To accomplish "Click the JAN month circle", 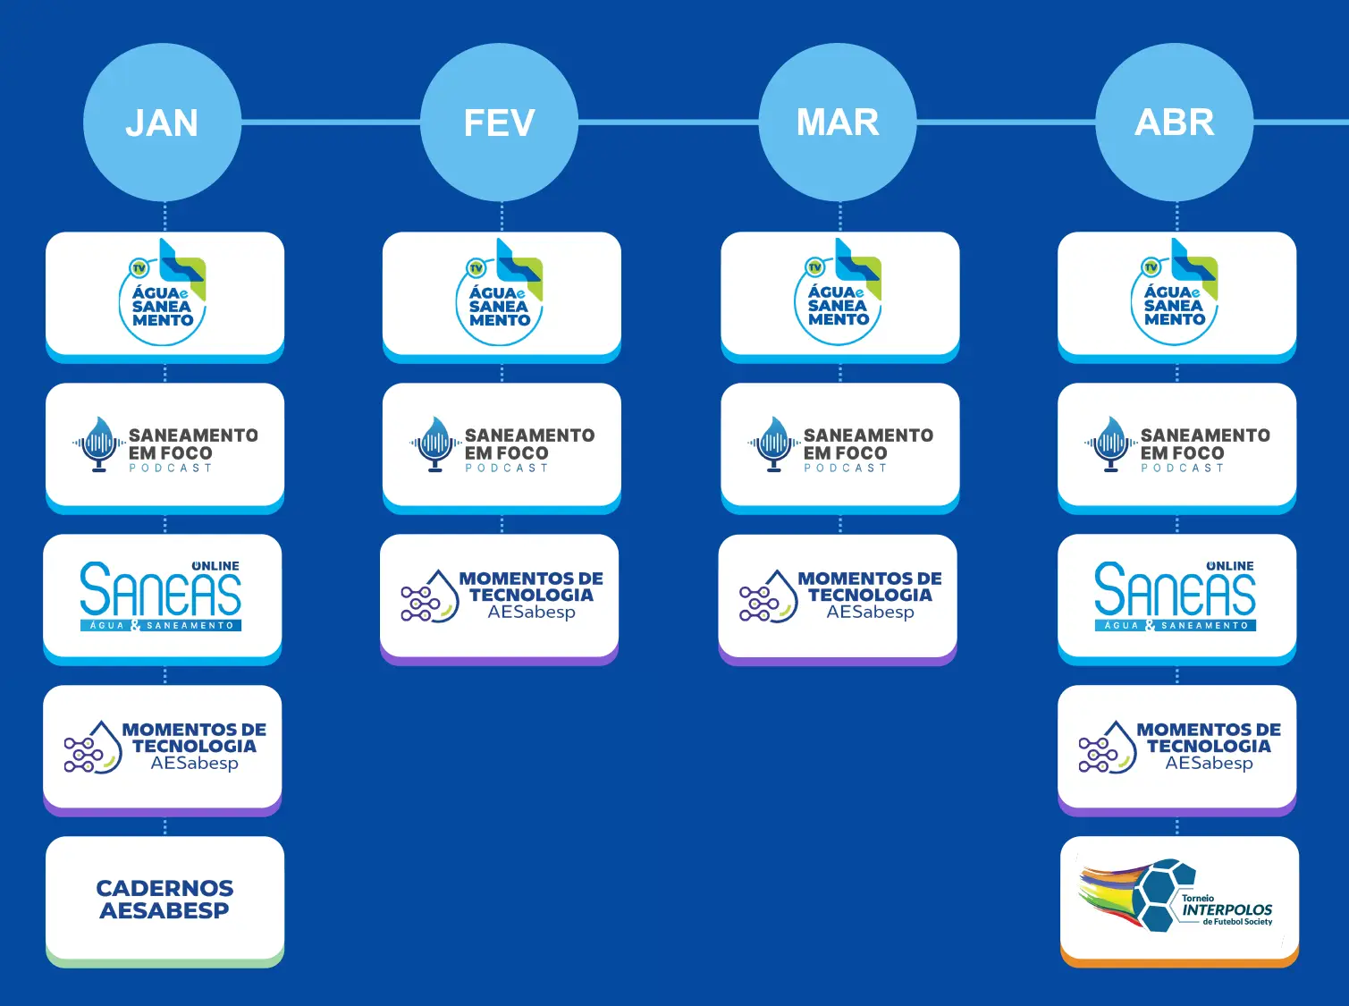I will (162, 123).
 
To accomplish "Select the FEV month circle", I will (499, 123).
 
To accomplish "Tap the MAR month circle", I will (838, 123).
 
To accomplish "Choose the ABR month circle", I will (1175, 123).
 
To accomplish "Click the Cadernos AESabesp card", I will (164, 900).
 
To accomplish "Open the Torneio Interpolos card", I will (1179, 900).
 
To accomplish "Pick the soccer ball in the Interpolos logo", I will (1161, 894).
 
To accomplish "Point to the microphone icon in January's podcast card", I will (98, 444).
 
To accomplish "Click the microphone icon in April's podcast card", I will (1110, 444).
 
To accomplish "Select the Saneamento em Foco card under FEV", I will (502, 446).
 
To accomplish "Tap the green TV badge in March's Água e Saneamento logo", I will (814, 266).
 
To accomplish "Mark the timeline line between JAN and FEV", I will (330, 122).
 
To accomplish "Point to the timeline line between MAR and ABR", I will (1006, 122).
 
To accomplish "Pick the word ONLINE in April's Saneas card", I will (1230, 566).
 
